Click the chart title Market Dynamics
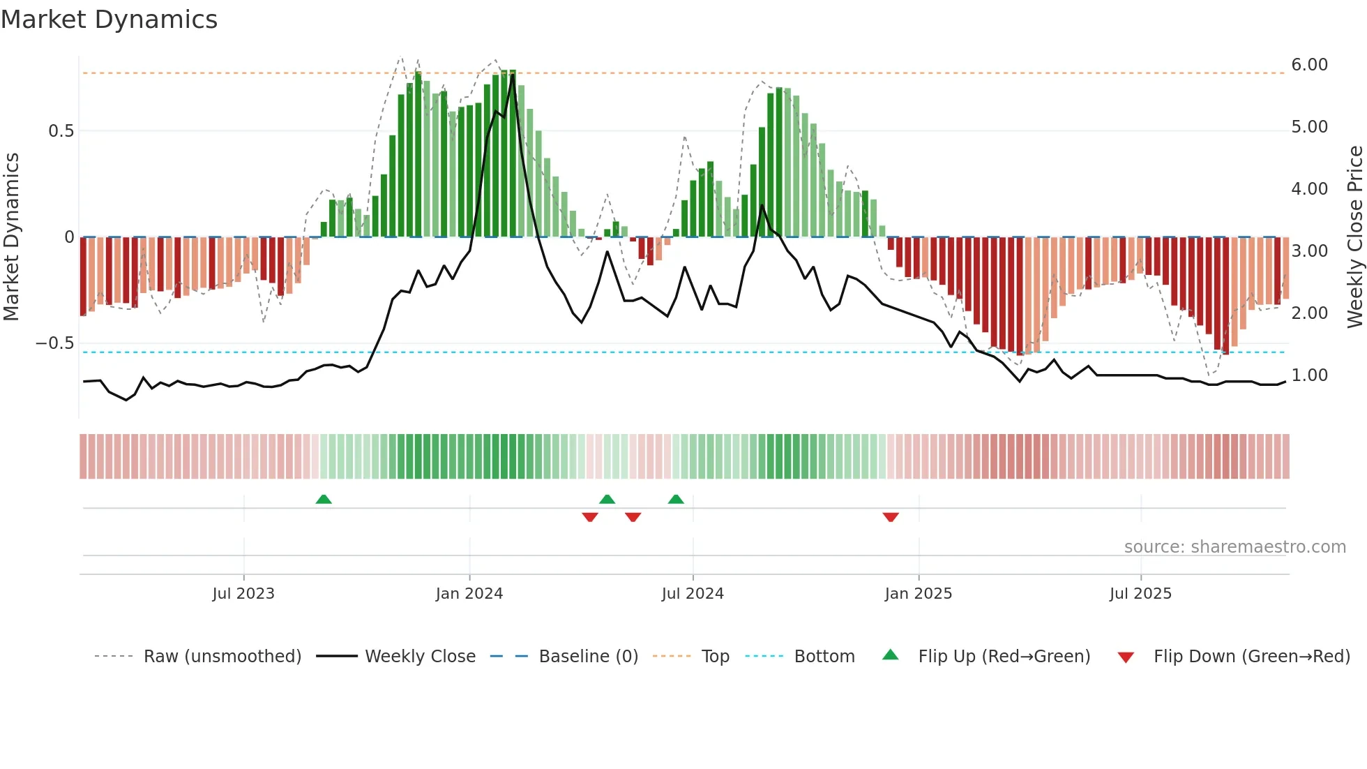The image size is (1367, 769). (109, 20)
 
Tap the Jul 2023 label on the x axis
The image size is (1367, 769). (243, 594)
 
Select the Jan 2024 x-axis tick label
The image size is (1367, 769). (469, 594)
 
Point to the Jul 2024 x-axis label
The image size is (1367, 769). (693, 594)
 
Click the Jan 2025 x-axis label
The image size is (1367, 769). (919, 594)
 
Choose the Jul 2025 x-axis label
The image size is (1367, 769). (1141, 594)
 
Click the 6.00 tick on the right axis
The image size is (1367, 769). (1309, 65)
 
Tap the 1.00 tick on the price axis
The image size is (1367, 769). (1309, 375)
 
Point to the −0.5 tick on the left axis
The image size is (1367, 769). (54, 343)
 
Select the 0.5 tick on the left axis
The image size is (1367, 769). (61, 131)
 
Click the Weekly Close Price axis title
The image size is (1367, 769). (1354, 237)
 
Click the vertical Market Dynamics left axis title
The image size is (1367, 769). (11, 237)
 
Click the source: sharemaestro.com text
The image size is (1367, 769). (1234, 547)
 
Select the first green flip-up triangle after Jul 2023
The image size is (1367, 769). (324, 499)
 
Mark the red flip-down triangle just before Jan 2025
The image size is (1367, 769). (891, 517)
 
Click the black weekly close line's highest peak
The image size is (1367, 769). (513, 74)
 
